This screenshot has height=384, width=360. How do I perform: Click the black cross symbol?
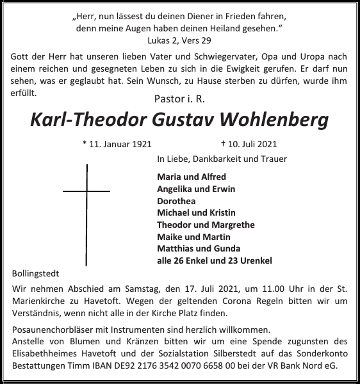86,191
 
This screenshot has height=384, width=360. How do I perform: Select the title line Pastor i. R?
180,99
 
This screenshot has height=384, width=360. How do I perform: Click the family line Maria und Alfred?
191,177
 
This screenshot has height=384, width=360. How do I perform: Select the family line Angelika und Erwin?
196,189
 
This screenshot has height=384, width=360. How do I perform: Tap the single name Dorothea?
176,200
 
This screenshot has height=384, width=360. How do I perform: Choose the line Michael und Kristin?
196,212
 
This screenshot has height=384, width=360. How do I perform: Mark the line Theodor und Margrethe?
206,225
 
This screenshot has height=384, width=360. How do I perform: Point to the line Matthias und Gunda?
199,248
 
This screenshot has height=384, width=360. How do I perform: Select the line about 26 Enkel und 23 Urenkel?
215,260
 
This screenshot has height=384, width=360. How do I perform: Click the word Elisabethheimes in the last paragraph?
44,354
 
